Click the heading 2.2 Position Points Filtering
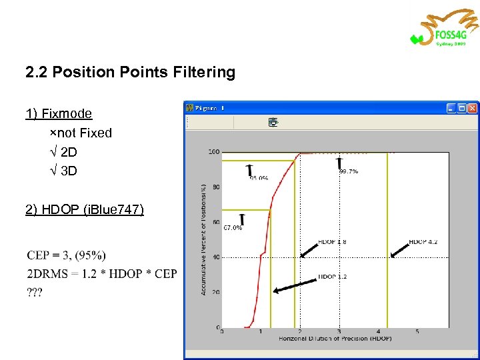(x=130, y=72)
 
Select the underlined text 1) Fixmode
(x=59, y=113)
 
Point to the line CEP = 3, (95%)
(x=67, y=255)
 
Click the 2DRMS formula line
(x=102, y=274)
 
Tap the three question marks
(x=35, y=293)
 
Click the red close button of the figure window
(x=472, y=107)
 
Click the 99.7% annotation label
(x=349, y=171)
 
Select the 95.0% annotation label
(x=259, y=178)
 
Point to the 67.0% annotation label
(x=233, y=227)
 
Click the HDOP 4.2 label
(x=423, y=241)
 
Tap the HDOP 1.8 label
(x=332, y=241)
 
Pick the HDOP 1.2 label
(x=332, y=276)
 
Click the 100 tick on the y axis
(x=214, y=152)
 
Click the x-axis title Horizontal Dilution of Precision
(x=335, y=339)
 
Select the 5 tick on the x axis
(x=417, y=331)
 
